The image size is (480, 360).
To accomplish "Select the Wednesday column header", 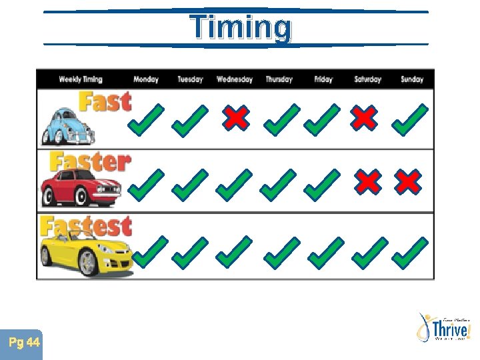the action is click(x=235, y=79).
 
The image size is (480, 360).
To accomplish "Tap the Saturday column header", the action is click(x=367, y=79).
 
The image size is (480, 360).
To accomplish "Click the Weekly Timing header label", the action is click(x=81, y=79).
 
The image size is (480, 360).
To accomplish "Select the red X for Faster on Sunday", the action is click(x=408, y=182).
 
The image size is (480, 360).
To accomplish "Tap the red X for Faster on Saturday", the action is click(x=367, y=182).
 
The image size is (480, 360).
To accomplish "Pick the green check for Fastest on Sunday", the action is click(x=410, y=252).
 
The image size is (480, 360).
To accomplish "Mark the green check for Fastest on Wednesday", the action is click(x=234, y=252).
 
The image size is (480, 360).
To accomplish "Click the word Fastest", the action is click(x=85, y=227).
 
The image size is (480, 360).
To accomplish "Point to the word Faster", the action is click(x=90, y=162).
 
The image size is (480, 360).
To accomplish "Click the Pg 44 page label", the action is click(x=25, y=343).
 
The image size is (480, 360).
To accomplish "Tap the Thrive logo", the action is click(x=443, y=328).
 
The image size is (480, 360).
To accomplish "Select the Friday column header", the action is click(x=323, y=79).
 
